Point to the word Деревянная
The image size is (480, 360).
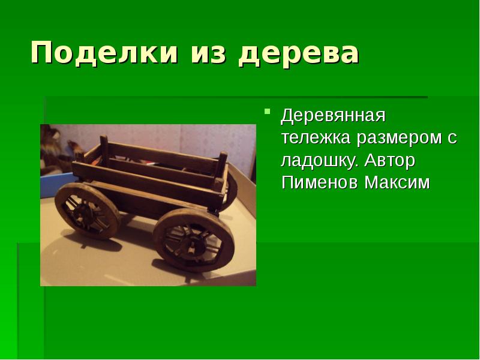pyautogui.click(x=333, y=115)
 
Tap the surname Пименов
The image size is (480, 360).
pyautogui.click(x=319, y=182)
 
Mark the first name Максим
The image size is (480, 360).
pyautogui.click(x=397, y=182)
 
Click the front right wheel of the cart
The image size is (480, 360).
pyautogui.click(x=194, y=241)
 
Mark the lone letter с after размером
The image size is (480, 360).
pyautogui.click(x=452, y=139)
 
